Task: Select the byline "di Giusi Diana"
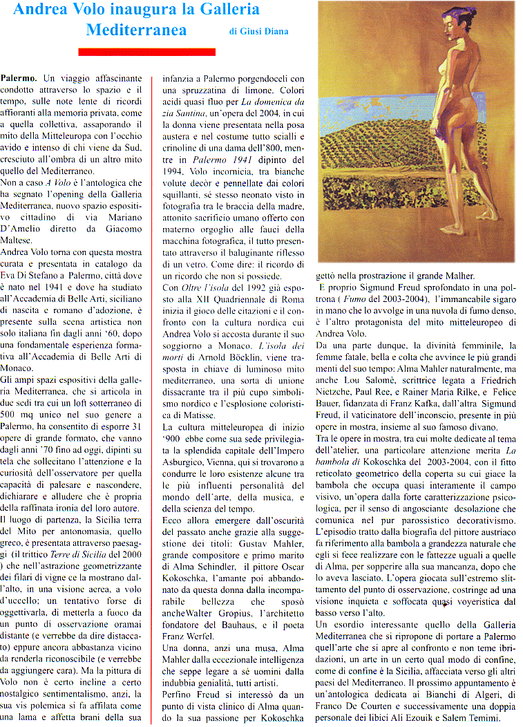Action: (x=258, y=31)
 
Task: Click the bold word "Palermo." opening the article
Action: (x=19, y=79)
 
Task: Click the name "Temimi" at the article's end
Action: (x=479, y=717)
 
